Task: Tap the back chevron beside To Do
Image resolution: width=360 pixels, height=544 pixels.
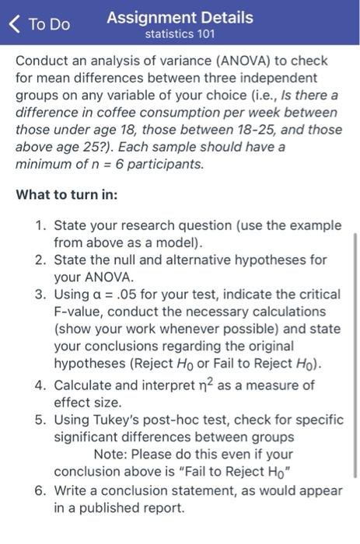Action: pos(15,23)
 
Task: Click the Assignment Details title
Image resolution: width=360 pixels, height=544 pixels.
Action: pos(180,16)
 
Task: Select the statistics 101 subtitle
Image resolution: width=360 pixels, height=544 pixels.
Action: pos(180,34)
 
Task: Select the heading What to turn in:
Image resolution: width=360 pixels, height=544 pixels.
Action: pos(67,194)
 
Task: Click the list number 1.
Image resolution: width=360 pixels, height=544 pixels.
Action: pos(40,225)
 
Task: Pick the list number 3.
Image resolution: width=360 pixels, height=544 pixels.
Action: pos(40,295)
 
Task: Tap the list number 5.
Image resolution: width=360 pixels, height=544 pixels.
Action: pos(40,420)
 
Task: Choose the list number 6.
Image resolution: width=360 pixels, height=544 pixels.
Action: pos(40,490)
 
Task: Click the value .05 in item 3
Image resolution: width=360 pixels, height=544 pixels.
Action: pos(125,295)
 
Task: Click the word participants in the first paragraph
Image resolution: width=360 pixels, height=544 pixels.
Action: pos(166,164)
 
